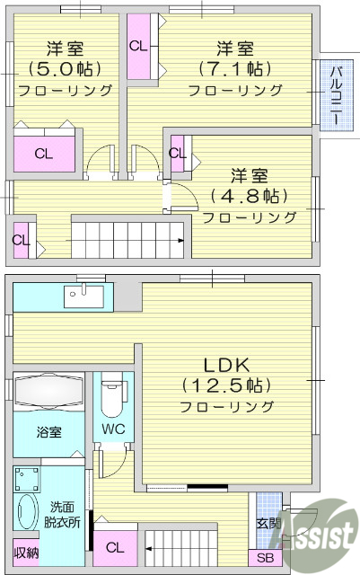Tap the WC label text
[x=113, y=429]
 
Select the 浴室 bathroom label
[x=48, y=432]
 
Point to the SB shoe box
[x=268, y=558]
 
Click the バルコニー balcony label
[x=334, y=96]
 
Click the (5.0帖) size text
[x=65, y=68]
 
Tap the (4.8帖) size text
[x=248, y=196]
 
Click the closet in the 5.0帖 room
[x=44, y=152]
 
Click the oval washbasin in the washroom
[x=27, y=515]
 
